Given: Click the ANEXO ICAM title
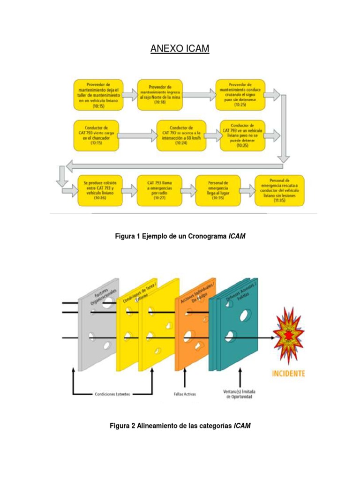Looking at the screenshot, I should coord(180,48).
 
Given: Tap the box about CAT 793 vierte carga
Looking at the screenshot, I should coord(96,135).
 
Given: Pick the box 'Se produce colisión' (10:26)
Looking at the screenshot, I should coord(100,190).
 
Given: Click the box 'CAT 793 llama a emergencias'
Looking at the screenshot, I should coord(159,190).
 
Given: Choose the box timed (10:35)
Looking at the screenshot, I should coord(218,190).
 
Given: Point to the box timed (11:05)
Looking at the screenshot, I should coord(279,190).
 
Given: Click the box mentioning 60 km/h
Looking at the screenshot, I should coord(181,135).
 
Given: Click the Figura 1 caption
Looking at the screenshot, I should coord(180,237).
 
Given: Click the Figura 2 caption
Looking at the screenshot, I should coord(180,426).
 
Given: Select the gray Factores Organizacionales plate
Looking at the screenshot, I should coord(98,328).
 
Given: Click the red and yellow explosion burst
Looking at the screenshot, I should coord(289,336).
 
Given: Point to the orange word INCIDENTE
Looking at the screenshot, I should coord(288,374).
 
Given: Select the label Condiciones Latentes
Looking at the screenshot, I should coord(112,394).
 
